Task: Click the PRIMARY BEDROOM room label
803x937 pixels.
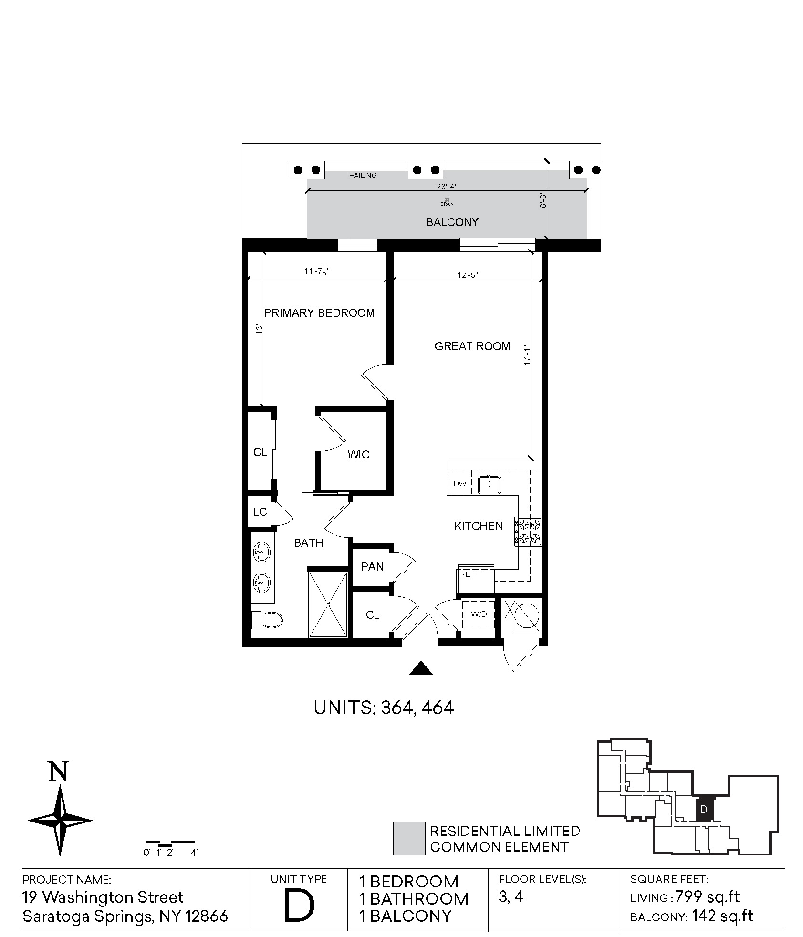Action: pyautogui.click(x=319, y=313)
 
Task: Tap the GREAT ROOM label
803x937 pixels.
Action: pyautogui.click(x=472, y=346)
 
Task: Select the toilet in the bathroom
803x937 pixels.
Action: pyautogui.click(x=267, y=620)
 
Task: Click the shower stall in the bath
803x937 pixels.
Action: pyautogui.click(x=328, y=604)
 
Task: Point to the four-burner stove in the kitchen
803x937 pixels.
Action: pyautogui.click(x=528, y=532)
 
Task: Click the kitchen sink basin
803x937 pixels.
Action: pyautogui.click(x=489, y=484)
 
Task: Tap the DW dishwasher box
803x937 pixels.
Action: pyautogui.click(x=459, y=483)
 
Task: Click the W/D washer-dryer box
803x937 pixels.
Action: pyautogui.click(x=479, y=614)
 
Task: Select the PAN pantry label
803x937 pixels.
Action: pyautogui.click(x=373, y=567)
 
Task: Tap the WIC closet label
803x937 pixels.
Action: pyautogui.click(x=358, y=455)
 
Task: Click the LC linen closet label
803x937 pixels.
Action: pyautogui.click(x=260, y=512)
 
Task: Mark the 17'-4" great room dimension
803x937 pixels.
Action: pyautogui.click(x=527, y=355)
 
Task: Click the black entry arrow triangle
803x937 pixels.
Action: pyautogui.click(x=421, y=668)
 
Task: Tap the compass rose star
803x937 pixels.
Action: pyautogui.click(x=60, y=821)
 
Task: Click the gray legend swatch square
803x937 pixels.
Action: pyautogui.click(x=409, y=838)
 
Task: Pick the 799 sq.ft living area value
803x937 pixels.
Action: pyautogui.click(x=707, y=897)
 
